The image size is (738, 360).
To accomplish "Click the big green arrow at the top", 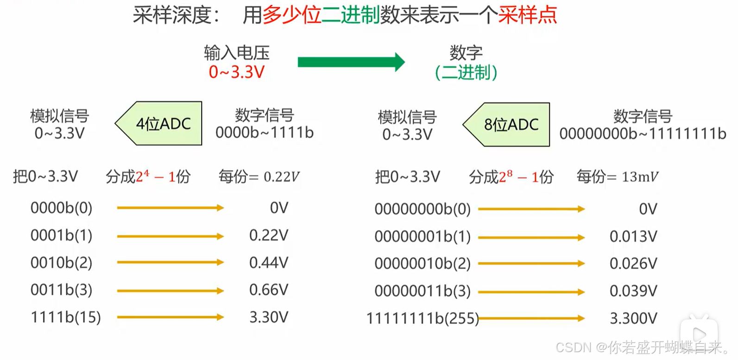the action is coord(351,62).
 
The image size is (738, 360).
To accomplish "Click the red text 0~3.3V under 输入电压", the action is coord(236,72).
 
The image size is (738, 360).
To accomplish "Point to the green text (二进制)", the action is coord(466,73).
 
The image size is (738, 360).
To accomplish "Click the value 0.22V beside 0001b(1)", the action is coord(269,235).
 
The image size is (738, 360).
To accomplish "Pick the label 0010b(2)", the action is coord(61,263).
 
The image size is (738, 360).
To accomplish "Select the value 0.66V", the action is coord(269,290).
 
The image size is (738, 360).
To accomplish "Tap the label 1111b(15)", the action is coord(65,317).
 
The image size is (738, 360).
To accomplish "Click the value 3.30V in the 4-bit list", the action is coord(269,317).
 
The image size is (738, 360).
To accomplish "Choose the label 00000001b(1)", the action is coord(422,237).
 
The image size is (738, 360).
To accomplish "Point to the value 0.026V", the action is coord(633,264).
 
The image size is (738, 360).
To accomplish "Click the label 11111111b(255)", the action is coord(422,319).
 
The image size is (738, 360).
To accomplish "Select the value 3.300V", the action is coord(633,319).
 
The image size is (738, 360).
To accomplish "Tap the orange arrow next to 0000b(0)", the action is coord(170,208).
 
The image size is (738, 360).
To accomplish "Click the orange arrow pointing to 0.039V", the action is coord(531,292).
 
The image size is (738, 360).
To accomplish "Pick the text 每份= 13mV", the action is coord(617,177).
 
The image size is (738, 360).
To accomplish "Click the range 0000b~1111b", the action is coord(265,133).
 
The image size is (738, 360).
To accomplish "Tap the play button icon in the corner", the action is coord(699,333).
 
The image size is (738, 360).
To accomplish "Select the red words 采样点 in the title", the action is coord(527,15).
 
